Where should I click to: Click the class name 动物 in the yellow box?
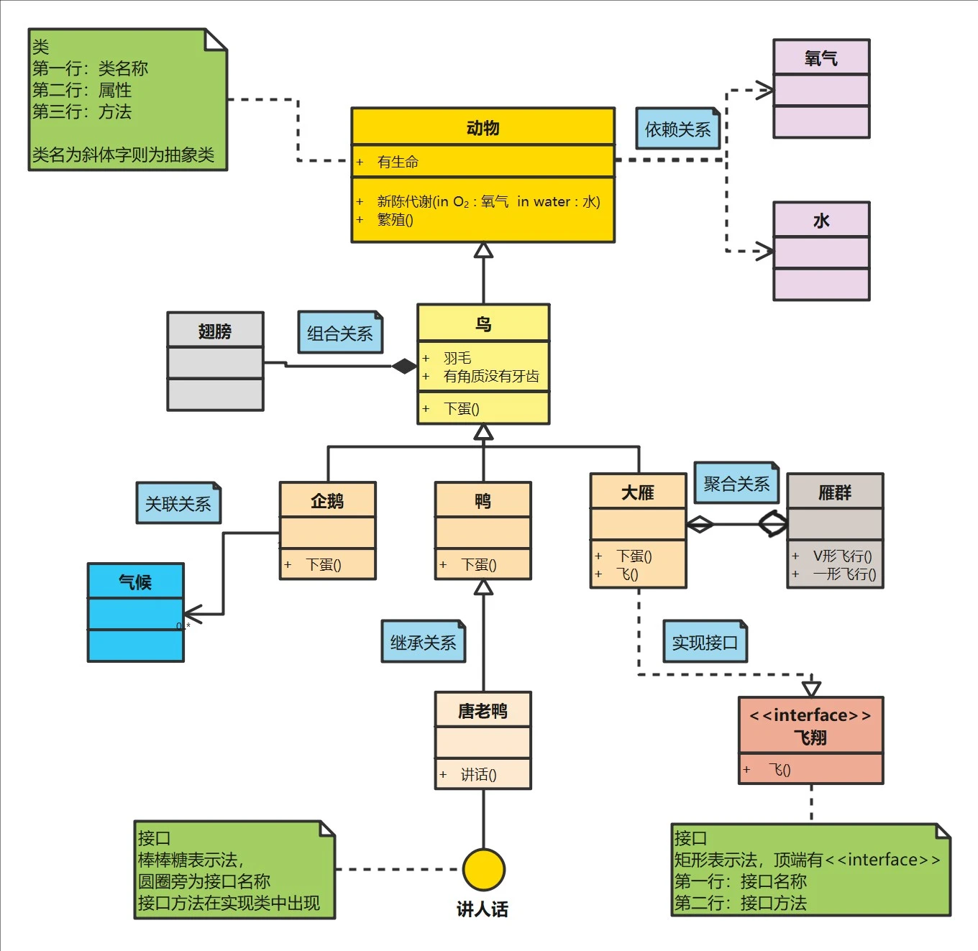pyautogui.click(x=483, y=128)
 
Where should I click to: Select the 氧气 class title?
pyautogui.click(x=821, y=58)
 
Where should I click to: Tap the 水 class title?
pyautogui.click(x=821, y=221)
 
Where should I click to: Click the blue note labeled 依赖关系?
pyautogui.click(x=677, y=129)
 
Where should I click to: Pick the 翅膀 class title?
pyautogui.click(x=215, y=331)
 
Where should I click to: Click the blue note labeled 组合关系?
pyautogui.click(x=339, y=334)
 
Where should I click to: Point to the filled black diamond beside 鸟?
pyautogui.click(x=404, y=366)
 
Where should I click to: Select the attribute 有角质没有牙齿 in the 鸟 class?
pyautogui.click(x=491, y=376)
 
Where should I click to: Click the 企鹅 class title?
pyautogui.click(x=327, y=501)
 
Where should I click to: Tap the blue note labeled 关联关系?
pyautogui.click(x=178, y=504)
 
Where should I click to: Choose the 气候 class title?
pyautogui.click(x=135, y=582)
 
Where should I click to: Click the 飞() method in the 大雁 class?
pyautogui.click(x=627, y=574)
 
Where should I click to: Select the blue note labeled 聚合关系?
pyautogui.click(x=736, y=484)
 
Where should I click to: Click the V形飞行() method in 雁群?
pyautogui.click(x=842, y=556)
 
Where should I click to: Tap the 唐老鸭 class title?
pyautogui.click(x=483, y=711)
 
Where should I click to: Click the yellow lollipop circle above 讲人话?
pyautogui.click(x=483, y=869)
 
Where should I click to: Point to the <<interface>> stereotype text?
pyautogui.click(x=810, y=715)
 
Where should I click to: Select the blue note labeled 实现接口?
pyautogui.click(x=704, y=643)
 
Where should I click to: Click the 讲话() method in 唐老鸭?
pyautogui.click(x=478, y=774)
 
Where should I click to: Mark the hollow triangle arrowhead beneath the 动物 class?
pyautogui.click(x=483, y=250)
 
